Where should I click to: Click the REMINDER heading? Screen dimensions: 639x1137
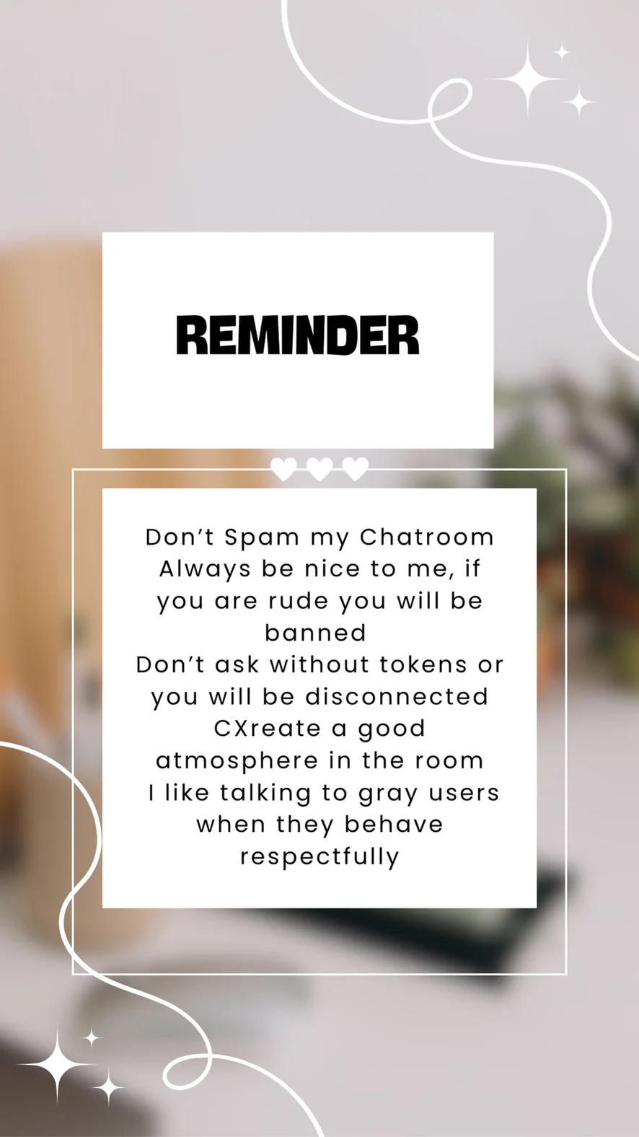pyautogui.click(x=297, y=335)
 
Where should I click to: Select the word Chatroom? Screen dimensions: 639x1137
pyautogui.click(x=427, y=537)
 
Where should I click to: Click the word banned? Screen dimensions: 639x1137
pyautogui.click(x=315, y=633)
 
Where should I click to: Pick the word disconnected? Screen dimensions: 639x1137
pyautogui.click(x=397, y=696)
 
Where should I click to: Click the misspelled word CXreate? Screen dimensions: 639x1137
pyautogui.click(x=267, y=729)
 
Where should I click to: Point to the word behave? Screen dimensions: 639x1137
pyautogui.click(x=394, y=824)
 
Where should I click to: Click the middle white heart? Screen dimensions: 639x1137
pyautogui.click(x=319, y=468)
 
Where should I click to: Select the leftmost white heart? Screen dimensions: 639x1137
pyautogui.click(x=283, y=468)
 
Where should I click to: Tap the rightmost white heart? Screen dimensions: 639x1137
pyautogui.click(x=356, y=468)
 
